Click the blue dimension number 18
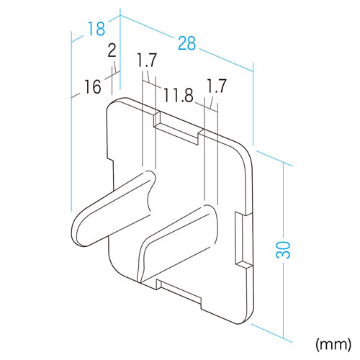click(x=96, y=29)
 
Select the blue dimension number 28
click(x=187, y=43)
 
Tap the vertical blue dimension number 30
click(x=283, y=250)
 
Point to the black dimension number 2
click(x=112, y=50)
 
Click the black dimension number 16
click(x=93, y=86)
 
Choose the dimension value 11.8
click(x=179, y=95)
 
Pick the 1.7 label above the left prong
click(x=147, y=60)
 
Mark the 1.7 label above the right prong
click(x=217, y=86)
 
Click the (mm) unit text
click(x=333, y=345)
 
